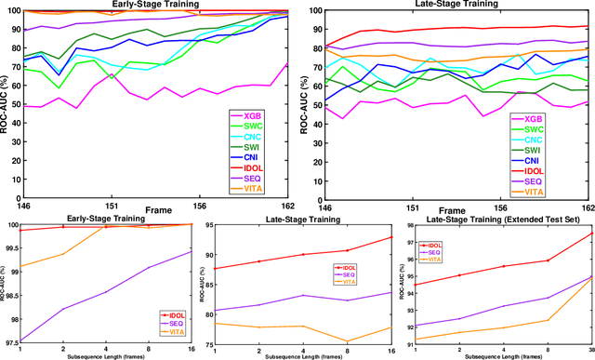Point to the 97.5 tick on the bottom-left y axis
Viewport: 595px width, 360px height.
click(x=12, y=343)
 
